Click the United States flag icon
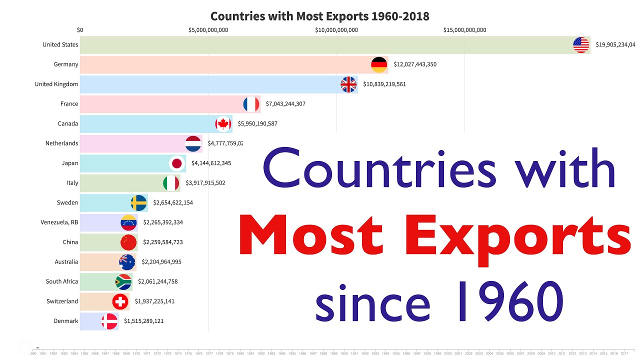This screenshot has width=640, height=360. click(581, 45)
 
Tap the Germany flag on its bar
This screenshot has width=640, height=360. click(379, 64)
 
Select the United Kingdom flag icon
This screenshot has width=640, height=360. click(348, 84)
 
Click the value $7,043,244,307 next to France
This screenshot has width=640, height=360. click(285, 104)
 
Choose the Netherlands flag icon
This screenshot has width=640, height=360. click(193, 143)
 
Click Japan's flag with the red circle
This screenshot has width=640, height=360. click(176, 163)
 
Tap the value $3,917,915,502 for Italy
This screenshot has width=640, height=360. click(205, 183)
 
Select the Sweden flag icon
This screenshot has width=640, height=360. click(138, 202)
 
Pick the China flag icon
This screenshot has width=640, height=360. click(128, 242)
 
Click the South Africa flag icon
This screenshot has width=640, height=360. click(123, 281)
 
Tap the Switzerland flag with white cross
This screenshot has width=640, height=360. click(120, 301)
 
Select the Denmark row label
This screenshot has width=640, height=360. click(66, 321)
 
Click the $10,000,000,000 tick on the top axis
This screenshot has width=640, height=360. click(336, 30)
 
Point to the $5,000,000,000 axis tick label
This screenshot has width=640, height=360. click(208, 30)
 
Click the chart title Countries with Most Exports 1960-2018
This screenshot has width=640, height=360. click(319, 16)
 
